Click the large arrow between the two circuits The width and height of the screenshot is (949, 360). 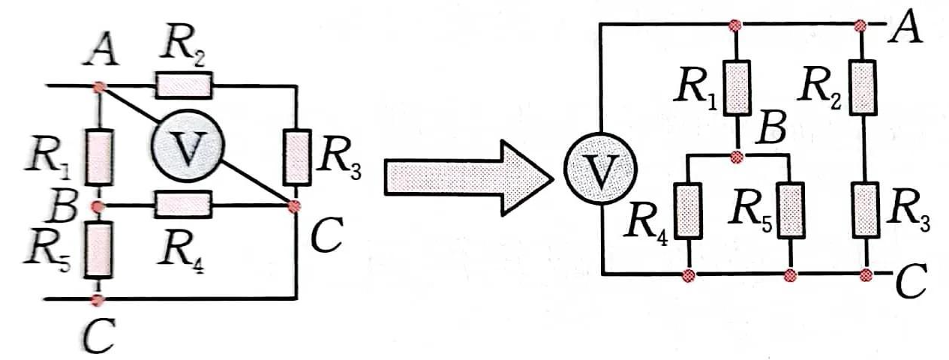point(468,178)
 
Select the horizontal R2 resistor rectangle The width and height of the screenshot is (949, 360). point(184,85)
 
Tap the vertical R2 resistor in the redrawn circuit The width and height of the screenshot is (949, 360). point(863,88)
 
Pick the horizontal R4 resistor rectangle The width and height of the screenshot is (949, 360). point(184,205)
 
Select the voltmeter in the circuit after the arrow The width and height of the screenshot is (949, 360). point(600,169)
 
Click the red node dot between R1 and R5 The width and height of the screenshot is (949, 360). point(98,207)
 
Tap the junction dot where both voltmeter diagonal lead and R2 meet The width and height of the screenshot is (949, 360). point(99,87)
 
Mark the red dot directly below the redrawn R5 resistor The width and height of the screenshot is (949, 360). point(790,276)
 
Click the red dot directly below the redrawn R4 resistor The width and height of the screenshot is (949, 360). point(689,276)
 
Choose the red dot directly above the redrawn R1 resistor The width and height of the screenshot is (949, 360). point(735,25)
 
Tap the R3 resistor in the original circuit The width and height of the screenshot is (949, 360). point(296,157)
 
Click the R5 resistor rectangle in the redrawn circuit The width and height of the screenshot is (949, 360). point(791,211)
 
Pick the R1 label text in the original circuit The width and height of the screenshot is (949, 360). point(47,159)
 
